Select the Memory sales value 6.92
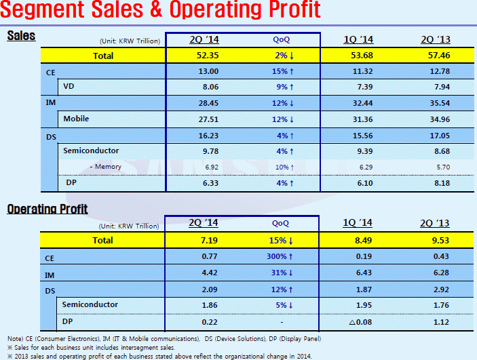[204, 166]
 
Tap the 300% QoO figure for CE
[280, 258]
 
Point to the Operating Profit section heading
[47, 209]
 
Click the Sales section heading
[21, 36]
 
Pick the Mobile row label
[76, 119]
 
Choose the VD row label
[69, 86]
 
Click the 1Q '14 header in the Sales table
[358, 39]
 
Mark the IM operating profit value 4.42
[204, 273]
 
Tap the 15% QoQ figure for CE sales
[280, 71]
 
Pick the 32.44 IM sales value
[358, 102]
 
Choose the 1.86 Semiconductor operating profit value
[204, 305]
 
